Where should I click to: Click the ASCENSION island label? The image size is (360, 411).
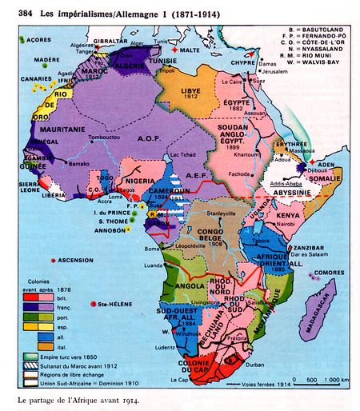pyautogui.click(x=74, y=261)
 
